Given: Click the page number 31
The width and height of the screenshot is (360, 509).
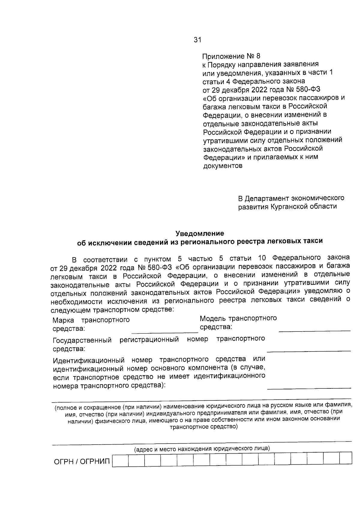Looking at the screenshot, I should (197, 40).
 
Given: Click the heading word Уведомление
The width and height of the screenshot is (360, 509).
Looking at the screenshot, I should (200, 233).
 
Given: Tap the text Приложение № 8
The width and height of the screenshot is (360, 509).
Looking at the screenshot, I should (232, 56).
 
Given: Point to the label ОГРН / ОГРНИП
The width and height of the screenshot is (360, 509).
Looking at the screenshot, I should (82, 461).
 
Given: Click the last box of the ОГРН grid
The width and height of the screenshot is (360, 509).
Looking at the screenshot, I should (346, 459).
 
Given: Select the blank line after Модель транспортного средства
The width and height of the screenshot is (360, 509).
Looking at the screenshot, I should (314, 330).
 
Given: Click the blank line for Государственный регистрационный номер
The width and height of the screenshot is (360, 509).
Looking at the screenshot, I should (308, 350).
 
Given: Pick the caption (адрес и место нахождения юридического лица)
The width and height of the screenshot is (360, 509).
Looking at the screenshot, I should (202, 449).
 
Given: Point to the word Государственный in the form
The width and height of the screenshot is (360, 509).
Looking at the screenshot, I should (82, 341).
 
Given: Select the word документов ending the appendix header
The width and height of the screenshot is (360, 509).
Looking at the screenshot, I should (223, 166).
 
